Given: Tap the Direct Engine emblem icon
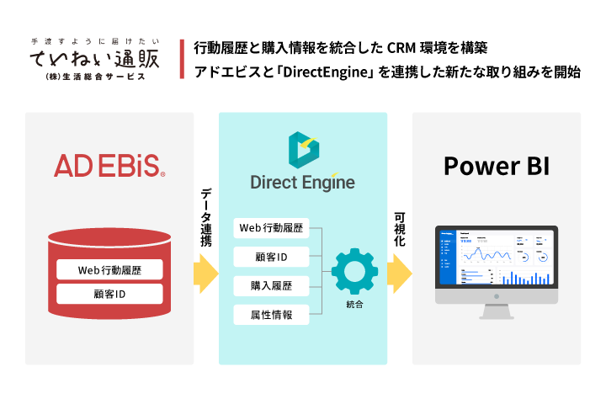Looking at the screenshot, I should tap(302, 150).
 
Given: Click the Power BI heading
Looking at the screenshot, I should tap(497, 165).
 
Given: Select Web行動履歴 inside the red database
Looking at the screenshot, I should tap(109, 270).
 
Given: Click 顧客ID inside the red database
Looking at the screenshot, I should tap(109, 294).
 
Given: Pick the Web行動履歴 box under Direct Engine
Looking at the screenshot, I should tap(271, 228).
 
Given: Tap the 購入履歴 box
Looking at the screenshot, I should tap(271, 286).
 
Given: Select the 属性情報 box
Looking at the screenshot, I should tap(271, 315).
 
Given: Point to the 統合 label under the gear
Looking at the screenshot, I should tap(353, 304).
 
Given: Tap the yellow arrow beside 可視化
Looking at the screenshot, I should tap(400, 272).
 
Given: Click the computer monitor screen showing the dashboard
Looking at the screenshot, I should tap(496, 258).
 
